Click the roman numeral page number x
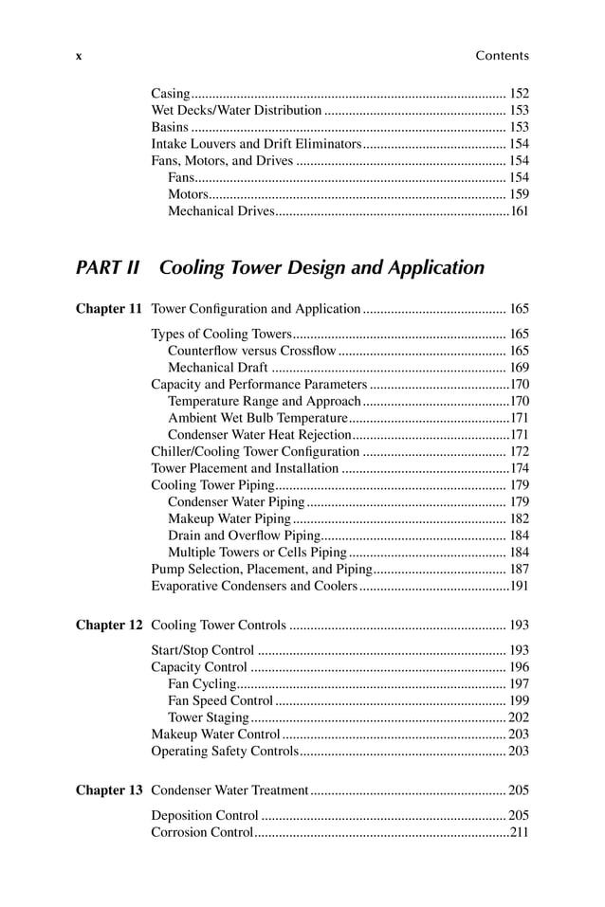[x=79, y=56]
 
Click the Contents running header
[x=502, y=56]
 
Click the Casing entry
[x=171, y=94]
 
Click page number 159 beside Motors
[x=519, y=194]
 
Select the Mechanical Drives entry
[x=220, y=211]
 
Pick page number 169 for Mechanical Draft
[x=519, y=368]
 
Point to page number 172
[x=519, y=451]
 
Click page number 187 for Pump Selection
[x=519, y=569]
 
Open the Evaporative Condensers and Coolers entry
[x=253, y=586]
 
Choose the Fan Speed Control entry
[x=220, y=700]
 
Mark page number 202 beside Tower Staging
[x=519, y=717]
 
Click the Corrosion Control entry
[x=202, y=833]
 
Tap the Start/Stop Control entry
[x=203, y=650]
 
